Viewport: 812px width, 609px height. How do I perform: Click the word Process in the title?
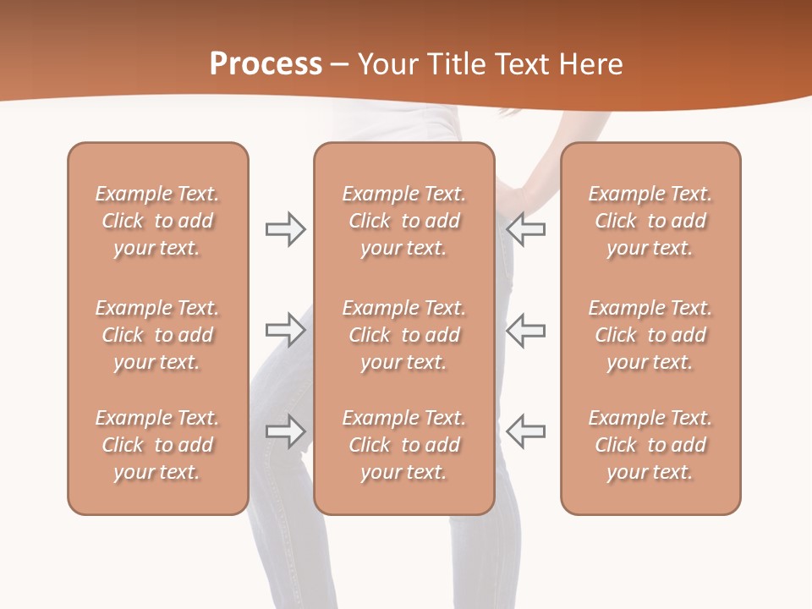click(x=266, y=63)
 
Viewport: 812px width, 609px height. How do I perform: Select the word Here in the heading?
click(x=589, y=63)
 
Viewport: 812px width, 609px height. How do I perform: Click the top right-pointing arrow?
click(x=286, y=229)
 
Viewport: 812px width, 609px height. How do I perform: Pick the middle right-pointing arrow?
click(x=286, y=329)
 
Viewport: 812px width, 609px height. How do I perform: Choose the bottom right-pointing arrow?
click(x=286, y=431)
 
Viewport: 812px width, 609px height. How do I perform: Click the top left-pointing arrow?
click(x=525, y=229)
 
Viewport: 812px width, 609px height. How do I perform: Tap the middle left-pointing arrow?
click(x=525, y=329)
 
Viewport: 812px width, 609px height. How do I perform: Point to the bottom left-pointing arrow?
click(x=525, y=431)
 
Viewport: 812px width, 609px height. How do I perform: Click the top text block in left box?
click(x=157, y=221)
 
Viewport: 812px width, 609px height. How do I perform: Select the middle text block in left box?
click(x=157, y=335)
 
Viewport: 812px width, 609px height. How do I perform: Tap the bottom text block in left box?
click(x=157, y=445)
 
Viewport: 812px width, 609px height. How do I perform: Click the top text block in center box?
click(x=403, y=221)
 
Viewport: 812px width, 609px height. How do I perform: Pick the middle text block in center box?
click(x=403, y=335)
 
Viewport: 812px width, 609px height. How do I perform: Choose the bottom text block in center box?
click(x=403, y=445)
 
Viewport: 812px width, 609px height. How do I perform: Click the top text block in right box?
click(x=650, y=221)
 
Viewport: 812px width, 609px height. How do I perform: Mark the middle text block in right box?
click(x=650, y=335)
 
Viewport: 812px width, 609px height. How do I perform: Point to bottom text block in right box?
click(x=650, y=445)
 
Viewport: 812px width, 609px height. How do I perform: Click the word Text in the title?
click(x=520, y=63)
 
